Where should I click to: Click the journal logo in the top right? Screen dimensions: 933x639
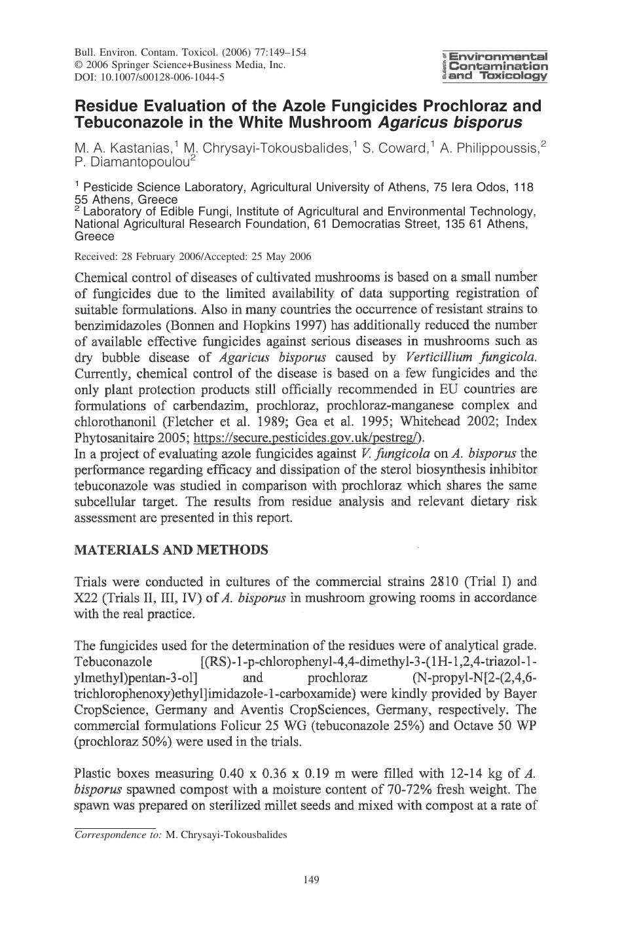(495, 65)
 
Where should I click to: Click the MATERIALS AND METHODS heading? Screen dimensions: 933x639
(172, 550)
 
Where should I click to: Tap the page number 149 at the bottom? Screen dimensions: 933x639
(312, 879)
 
